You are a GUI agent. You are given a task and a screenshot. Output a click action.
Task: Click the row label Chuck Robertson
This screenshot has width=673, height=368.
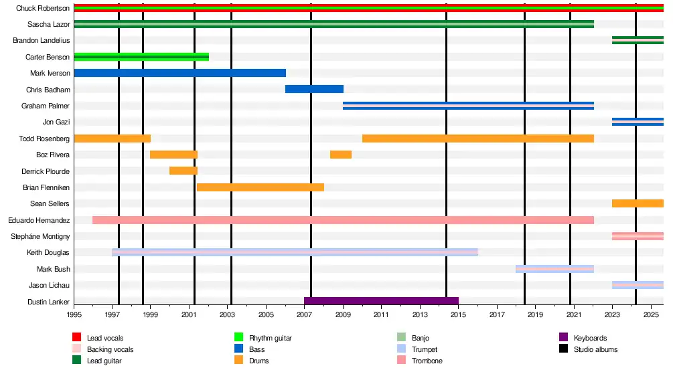pos(43,8)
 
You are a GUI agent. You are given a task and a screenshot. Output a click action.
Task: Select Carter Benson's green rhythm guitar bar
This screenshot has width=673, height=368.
pos(141,57)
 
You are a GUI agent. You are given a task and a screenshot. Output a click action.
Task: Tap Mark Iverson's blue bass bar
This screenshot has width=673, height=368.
pos(179,73)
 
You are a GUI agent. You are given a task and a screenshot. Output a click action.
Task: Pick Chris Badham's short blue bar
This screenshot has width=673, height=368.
pos(314,89)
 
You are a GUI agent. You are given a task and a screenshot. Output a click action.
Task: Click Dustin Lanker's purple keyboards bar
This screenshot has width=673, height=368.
pos(381,301)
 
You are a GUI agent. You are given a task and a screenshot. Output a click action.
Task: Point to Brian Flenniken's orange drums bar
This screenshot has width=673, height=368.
pos(260,187)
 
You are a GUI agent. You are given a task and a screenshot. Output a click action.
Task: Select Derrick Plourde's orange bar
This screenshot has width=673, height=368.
pos(183,171)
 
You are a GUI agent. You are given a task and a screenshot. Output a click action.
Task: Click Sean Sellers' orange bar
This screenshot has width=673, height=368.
pos(638,203)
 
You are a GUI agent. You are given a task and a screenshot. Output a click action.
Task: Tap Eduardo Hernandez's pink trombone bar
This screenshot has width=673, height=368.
pos(343,220)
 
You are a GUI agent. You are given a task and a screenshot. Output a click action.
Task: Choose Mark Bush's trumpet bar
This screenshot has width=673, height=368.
pos(554,269)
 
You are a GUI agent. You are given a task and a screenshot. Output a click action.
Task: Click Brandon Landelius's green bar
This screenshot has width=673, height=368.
pos(638,40)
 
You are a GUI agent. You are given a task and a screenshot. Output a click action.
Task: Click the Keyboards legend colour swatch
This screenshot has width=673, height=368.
pos(564,338)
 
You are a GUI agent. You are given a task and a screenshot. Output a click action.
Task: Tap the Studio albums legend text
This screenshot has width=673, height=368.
pos(595,349)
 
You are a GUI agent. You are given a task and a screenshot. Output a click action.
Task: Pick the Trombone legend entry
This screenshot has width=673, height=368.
pos(427,361)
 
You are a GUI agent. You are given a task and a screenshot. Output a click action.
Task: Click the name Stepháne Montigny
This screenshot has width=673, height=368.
pos(40,236)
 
